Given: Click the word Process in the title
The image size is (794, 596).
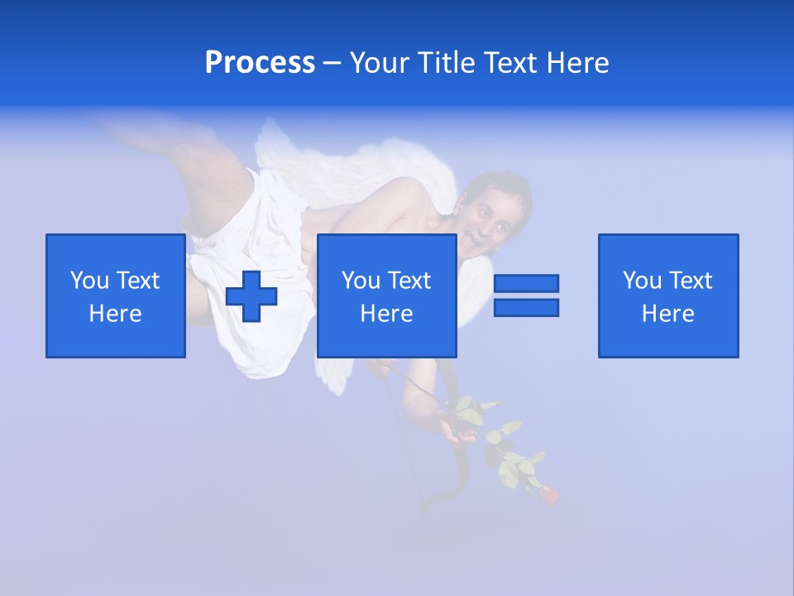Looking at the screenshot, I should coord(260,63).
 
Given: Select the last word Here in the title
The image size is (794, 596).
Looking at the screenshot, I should coord(579,63).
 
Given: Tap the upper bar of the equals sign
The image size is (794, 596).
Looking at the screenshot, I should coord(526,283).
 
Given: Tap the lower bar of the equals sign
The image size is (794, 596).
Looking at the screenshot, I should coord(526,308).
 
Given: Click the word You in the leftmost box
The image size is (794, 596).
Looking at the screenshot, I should coord(89,281).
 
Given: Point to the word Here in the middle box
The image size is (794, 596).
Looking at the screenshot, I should coord(387,314).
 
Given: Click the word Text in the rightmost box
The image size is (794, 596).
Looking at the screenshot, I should coord(690,281).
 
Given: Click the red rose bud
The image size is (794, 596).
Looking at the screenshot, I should coord(548,494).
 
